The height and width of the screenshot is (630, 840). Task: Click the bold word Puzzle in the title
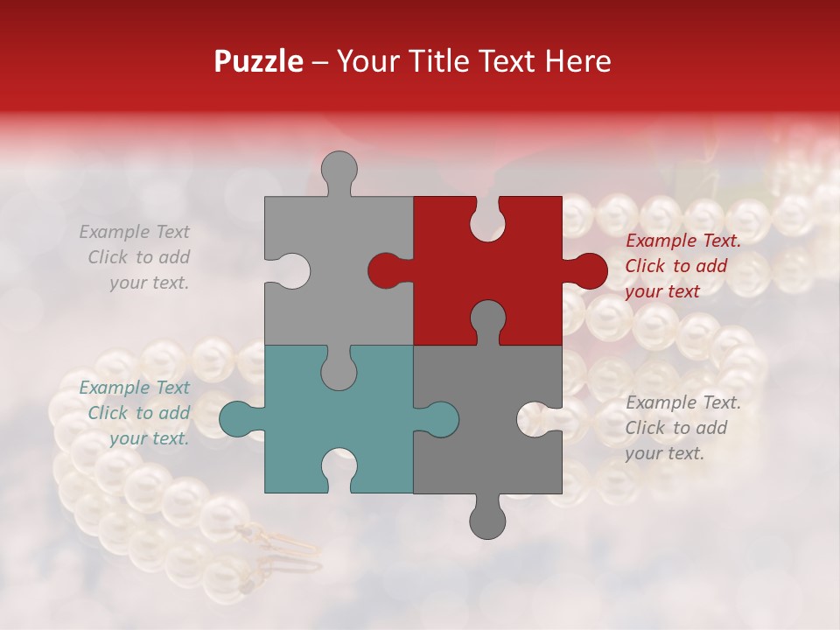tap(258, 61)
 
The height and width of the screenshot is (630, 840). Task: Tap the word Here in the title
tap(577, 61)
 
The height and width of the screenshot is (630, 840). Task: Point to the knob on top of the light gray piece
tap(339, 170)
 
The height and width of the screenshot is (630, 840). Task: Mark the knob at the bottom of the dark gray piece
tap(487, 519)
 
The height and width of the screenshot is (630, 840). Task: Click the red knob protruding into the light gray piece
tap(385, 270)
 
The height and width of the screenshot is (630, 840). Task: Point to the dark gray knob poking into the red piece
tap(487, 318)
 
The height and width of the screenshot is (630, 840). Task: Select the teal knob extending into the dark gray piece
tap(439, 419)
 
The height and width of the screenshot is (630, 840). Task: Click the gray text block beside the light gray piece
tap(136, 257)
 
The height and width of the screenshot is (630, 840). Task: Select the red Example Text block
tap(682, 266)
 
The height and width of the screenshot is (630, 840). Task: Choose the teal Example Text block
tap(136, 413)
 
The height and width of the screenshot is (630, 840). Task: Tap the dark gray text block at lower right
tap(682, 428)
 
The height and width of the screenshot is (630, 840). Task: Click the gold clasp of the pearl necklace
tap(280, 542)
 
